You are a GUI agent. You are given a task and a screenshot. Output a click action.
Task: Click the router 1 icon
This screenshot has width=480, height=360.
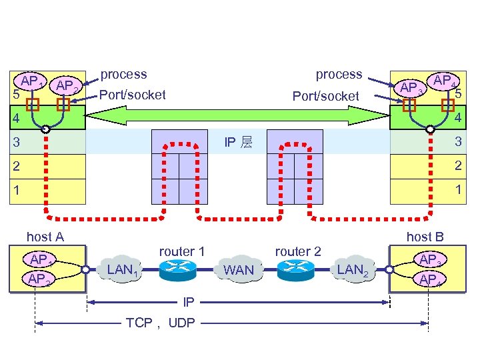click(x=177, y=268)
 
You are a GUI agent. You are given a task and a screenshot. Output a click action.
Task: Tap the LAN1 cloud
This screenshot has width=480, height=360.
click(x=124, y=269)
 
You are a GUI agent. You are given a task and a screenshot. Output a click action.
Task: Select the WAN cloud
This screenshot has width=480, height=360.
click(x=239, y=269)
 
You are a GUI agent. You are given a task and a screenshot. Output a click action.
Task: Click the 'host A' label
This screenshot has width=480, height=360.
click(x=45, y=236)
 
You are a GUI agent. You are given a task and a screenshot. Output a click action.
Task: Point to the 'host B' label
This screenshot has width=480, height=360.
click(x=425, y=236)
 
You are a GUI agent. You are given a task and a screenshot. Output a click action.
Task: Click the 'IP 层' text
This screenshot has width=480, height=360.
click(x=238, y=142)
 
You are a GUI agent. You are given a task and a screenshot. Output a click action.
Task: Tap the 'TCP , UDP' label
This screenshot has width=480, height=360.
click(x=161, y=323)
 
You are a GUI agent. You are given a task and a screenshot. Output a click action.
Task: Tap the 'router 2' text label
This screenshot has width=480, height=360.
click(x=298, y=251)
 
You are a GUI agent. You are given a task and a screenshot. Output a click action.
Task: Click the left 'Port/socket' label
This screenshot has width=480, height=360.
click(x=132, y=95)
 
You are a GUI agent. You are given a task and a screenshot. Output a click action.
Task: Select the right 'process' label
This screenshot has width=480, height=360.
click(x=339, y=74)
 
